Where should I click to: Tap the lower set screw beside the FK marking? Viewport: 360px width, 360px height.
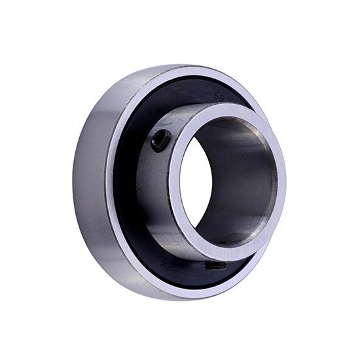(217, 266)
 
